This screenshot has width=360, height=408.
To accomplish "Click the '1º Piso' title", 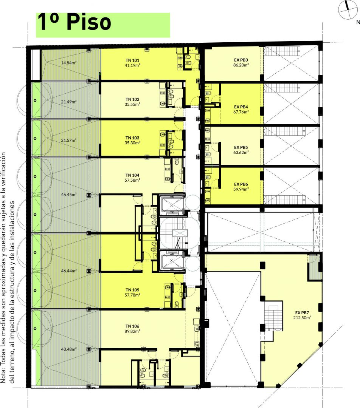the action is pos(74,22).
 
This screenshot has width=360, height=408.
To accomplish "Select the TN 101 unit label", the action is pos(132,60).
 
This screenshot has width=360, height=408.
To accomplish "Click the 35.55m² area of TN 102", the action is pos(132,104).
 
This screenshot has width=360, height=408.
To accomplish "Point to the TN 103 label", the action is pos(132,138).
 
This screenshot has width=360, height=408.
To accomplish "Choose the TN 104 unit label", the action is pos(132,175).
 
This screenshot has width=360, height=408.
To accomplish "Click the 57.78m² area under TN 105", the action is pos(132,295).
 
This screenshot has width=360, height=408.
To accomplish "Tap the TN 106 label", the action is pos(132,326).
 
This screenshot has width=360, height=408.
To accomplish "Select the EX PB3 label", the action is pos(241,60).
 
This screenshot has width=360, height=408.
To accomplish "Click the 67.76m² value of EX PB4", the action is pos(241,112).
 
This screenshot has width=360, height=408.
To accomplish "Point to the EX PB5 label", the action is pos(241,147).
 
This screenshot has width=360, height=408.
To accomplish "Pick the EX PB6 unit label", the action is pos(241,184).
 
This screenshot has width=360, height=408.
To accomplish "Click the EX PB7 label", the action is pos(302,312).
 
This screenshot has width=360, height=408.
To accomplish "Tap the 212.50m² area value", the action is pos(302,317).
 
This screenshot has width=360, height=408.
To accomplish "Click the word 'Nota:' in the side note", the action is pos(3,376).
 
